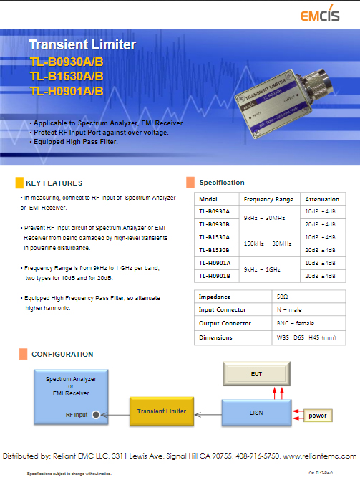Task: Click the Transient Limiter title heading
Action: (x=82, y=44)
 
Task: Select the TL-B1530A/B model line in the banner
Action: (x=67, y=76)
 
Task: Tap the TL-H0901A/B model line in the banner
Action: (x=67, y=91)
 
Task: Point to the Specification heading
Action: (x=221, y=182)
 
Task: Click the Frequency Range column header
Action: (x=268, y=199)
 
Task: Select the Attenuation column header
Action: (x=321, y=199)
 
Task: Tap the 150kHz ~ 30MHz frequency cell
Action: (x=268, y=244)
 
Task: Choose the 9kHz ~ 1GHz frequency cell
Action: (x=268, y=269)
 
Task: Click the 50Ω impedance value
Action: (x=282, y=297)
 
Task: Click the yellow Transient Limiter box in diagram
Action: (x=162, y=411)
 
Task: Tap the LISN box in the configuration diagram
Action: (x=257, y=412)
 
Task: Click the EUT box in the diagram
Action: (x=257, y=373)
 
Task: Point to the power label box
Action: (x=316, y=416)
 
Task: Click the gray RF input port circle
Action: (x=96, y=414)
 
